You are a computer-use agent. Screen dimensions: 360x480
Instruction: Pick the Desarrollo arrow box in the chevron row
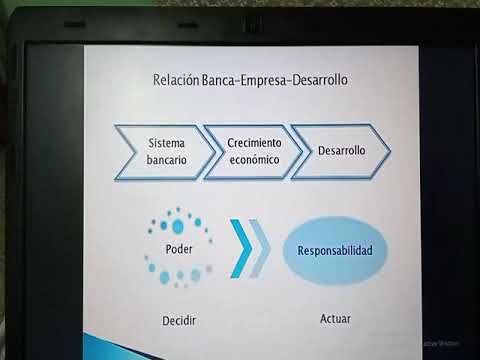point(340,151)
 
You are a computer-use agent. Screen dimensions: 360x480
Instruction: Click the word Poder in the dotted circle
point(178,247)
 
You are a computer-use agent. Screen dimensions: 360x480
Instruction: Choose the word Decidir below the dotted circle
point(178,320)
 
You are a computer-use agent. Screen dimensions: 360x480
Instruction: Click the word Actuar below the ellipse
point(335,320)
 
